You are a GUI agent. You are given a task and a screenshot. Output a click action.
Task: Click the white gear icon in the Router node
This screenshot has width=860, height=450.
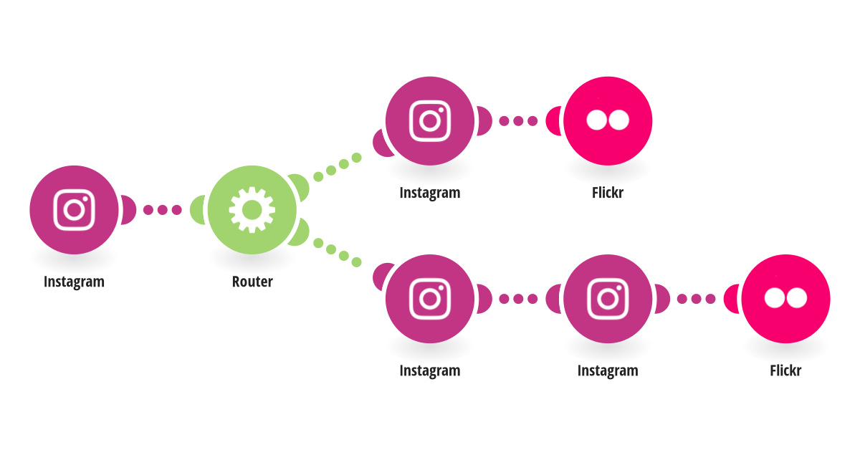click(252, 210)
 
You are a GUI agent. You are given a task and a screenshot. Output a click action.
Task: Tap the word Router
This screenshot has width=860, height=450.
click(252, 282)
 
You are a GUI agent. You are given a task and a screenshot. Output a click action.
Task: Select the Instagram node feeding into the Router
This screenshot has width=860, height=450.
click(74, 210)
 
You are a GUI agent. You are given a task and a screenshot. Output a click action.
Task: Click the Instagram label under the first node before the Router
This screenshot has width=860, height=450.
click(74, 282)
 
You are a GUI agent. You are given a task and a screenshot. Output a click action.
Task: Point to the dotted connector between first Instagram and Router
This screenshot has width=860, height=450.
click(163, 210)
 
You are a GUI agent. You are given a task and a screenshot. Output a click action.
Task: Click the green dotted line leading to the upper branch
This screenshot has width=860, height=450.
click(338, 167)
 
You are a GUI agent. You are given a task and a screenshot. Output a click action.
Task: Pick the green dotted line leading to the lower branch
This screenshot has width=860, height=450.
click(338, 252)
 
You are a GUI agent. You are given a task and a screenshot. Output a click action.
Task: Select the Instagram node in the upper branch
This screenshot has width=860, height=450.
click(430, 121)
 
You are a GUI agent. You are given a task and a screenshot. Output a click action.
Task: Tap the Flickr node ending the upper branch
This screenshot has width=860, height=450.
click(608, 121)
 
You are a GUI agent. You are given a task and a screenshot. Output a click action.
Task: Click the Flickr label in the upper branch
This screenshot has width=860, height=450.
click(608, 192)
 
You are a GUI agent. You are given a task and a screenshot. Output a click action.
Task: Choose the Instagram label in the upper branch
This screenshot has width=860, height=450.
click(430, 193)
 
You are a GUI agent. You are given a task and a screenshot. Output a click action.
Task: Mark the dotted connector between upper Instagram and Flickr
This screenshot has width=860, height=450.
click(518, 121)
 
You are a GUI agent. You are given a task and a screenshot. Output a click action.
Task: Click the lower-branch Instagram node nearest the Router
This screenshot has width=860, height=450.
click(430, 299)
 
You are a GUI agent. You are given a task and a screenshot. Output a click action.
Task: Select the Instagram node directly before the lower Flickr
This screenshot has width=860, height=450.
click(608, 299)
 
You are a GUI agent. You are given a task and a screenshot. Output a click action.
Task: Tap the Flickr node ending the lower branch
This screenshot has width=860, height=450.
click(786, 299)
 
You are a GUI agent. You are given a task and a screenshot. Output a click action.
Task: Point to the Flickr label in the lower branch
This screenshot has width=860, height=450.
click(786, 370)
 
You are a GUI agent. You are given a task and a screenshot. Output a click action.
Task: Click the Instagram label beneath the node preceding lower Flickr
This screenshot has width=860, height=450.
click(608, 371)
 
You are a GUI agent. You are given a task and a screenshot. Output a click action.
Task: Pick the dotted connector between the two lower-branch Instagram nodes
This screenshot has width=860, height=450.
click(518, 299)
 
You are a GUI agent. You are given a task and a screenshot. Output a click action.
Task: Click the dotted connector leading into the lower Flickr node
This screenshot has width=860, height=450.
click(696, 299)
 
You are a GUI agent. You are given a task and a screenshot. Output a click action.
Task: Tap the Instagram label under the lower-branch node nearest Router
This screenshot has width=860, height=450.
click(430, 371)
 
